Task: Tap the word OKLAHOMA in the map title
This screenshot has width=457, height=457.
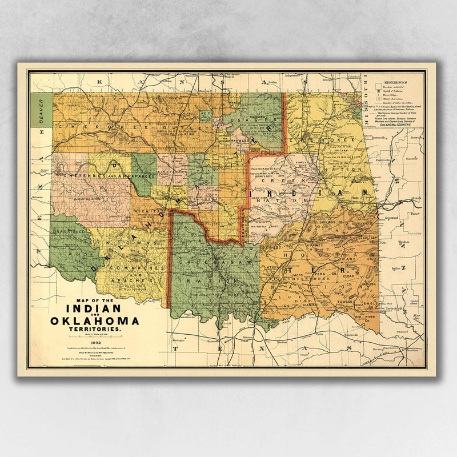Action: point(95,320)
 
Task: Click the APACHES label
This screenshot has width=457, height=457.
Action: point(134,281)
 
